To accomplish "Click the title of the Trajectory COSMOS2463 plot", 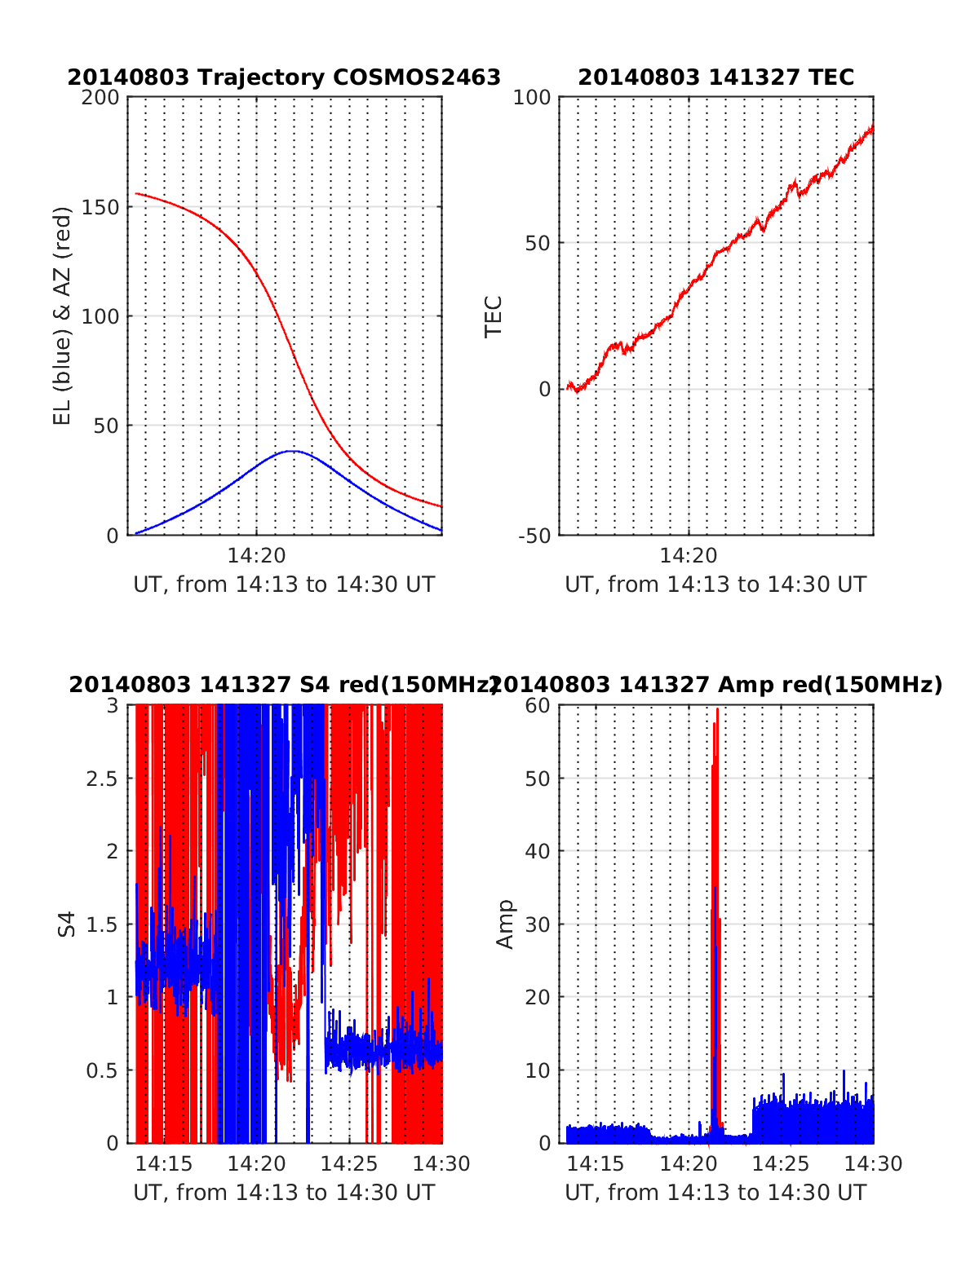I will click(x=284, y=77).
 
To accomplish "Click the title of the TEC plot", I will click(x=715, y=77).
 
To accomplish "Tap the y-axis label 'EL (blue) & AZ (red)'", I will click(x=63, y=315).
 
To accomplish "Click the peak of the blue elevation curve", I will click(x=291, y=451).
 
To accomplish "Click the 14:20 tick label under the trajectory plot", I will click(x=256, y=556).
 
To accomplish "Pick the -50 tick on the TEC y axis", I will click(x=534, y=536).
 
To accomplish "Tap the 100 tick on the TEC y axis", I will click(x=533, y=98).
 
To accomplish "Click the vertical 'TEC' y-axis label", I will click(x=494, y=316).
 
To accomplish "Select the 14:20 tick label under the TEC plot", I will click(x=688, y=556).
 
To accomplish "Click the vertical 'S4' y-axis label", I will click(x=67, y=924).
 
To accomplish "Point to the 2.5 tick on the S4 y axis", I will click(x=102, y=779).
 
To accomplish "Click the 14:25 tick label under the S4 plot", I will click(x=349, y=1164).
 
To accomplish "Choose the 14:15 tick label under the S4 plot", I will click(x=164, y=1164).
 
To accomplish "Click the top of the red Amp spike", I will click(x=717, y=708).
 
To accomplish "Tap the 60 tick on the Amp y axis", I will click(x=538, y=705).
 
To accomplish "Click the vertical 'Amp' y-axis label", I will click(x=506, y=924).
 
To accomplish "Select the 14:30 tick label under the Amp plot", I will click(x=874, y=1164).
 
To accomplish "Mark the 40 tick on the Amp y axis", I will click(x=538, y=851).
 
